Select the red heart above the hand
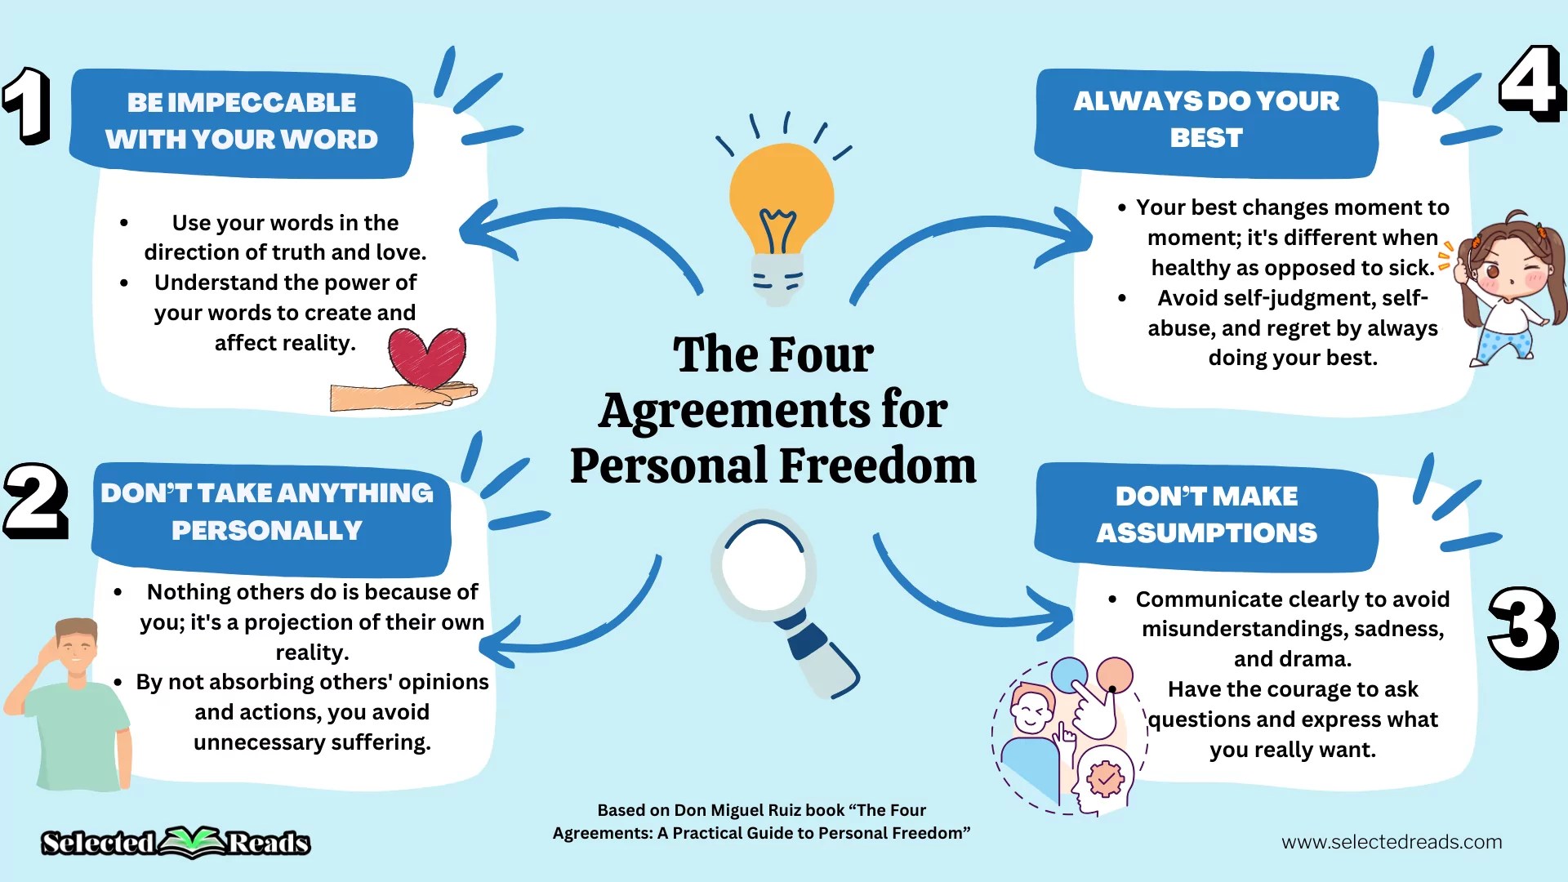click(x=427, y=357)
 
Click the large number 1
click(x=28, y=105)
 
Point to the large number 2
click(x=35, y=501)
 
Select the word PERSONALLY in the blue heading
click(x=266, y=531)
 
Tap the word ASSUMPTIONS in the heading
click(x=1206, y=533)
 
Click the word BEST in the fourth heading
click(x=1206, y=138)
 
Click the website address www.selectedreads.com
click(x=1391, y=842)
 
